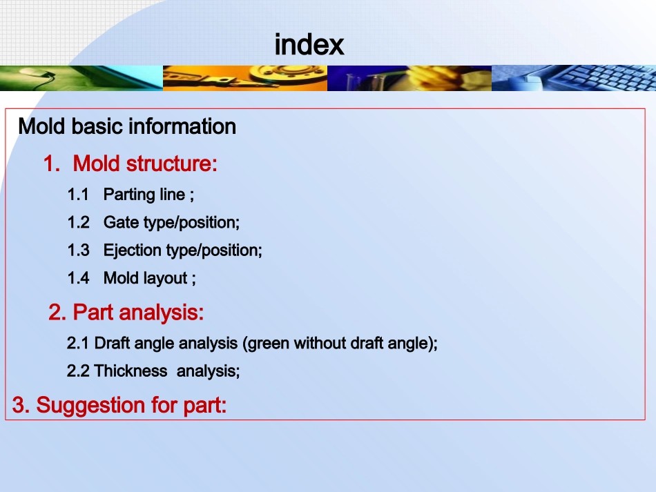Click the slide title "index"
pyautogui.click(x=309, y=45)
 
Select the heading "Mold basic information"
pyautogui.click(x=127, y=127)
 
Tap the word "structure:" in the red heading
pyautogui.click(x=171, y=164)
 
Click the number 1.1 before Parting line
pyautogui.click(x=78, y=195)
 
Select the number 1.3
pyautogui.click(x=79, y=250)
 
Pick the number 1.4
pyautogui.click(x=79, y=278)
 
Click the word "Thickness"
pyautogui.click(x=131, y=371)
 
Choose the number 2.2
pyautogui.click(x=78, y=371)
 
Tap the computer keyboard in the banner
pyautogui.click(x=602, y=78)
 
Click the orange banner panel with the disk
pyautogui.click(x=245, y=78)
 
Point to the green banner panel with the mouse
pyautogui.click(x=81, y=78)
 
